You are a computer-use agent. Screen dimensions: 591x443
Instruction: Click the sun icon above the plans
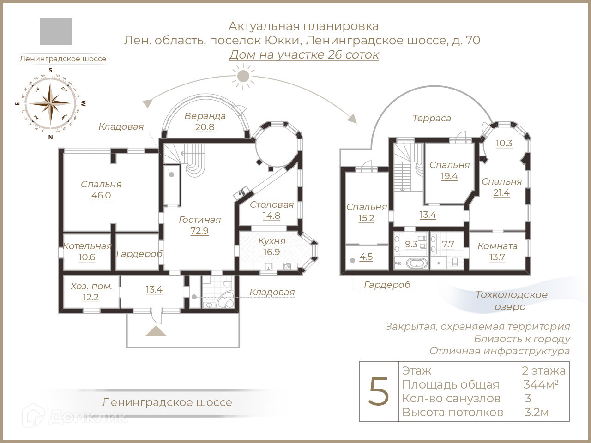coord(243,76)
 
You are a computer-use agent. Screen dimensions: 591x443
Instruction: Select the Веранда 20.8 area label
coord(205,121)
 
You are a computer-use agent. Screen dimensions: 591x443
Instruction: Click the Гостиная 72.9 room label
coord(199,225)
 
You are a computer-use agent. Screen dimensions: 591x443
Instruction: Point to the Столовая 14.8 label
coord(271,210)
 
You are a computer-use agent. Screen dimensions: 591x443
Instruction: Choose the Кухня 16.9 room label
coord(271,246)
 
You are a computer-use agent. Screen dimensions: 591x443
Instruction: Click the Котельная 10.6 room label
coord(87,251)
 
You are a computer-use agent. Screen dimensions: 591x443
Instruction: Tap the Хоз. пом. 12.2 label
coord(91,292)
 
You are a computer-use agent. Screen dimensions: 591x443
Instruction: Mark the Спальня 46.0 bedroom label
coord(101,190)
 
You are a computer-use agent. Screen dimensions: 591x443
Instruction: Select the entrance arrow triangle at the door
coord(156,331)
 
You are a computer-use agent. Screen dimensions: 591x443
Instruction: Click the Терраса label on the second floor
coord(431,118)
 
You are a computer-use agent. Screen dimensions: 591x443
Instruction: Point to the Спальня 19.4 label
coord(449,170)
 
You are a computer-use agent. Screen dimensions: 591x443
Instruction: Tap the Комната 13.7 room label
coord(497,251)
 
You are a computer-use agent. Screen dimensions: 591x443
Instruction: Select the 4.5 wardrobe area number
coord(366,257)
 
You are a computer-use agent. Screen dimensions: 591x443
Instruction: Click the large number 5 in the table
coord(379,391)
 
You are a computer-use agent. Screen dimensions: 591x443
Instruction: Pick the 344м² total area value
coord(541,384)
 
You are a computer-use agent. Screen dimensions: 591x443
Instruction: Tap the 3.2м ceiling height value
coord(537,412)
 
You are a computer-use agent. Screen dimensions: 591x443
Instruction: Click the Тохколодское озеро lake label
coord(511,300)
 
